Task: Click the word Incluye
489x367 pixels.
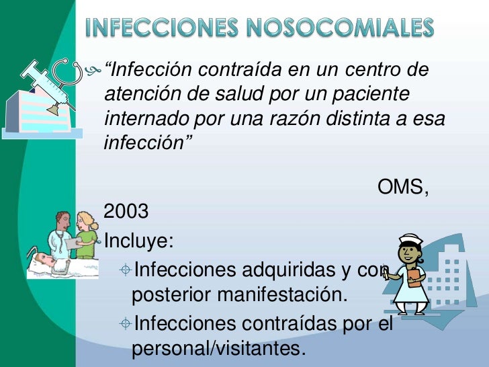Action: coord(133,240)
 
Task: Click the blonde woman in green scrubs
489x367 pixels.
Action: coord(87,235)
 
